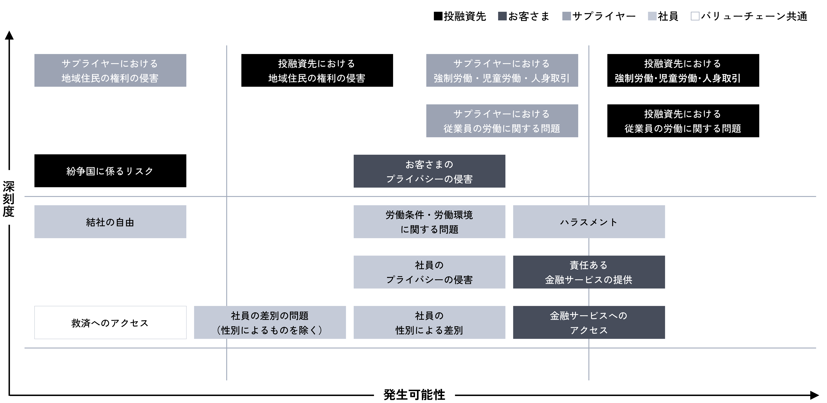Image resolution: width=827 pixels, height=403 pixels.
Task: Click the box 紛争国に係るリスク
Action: click(x=110, y=171)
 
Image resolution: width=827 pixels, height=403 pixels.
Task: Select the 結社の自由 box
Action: click(x=110, y=222)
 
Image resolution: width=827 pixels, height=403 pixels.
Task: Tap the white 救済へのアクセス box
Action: click(x=110, y=323)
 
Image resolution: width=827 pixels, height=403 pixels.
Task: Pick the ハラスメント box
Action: click(x=589, y=222)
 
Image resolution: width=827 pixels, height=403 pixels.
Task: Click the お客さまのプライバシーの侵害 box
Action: click(x=429, y=171)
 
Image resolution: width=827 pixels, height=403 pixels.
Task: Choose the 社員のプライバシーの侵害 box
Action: click(x=429, y=272)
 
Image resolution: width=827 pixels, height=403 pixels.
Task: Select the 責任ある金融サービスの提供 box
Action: click(x=589, y=272)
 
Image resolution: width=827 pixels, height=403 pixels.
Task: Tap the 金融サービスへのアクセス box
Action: click(x=589, y=323)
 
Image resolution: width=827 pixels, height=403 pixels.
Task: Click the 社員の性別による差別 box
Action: click(x=429, y=323)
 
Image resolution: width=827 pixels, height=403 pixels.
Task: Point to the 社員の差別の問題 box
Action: click(x=270, y=323)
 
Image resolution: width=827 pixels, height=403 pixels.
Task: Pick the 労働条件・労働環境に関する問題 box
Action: click(x=429, y=222)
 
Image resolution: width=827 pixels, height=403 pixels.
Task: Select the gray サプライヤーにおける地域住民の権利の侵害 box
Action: click(x=110, y=70)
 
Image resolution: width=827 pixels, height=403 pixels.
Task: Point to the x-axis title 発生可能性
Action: click(x=414, y=395)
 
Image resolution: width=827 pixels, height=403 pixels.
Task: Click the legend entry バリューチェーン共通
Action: click(x=749, y=16)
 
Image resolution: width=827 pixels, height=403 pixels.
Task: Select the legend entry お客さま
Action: click(x=524, y=16)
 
